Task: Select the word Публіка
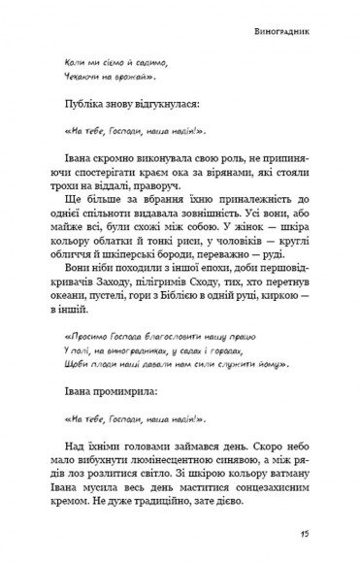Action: (87, 101)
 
